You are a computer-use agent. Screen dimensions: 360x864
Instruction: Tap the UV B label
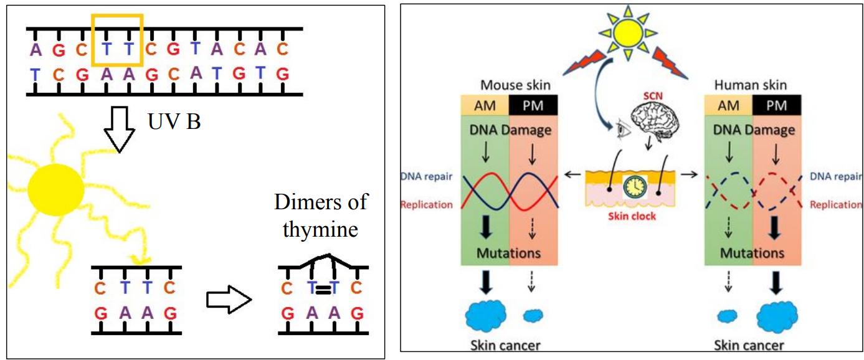click(174, 121)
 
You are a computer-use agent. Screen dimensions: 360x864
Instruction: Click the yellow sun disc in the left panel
click(56, 187)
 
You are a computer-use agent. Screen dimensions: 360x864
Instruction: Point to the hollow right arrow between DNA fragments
click(228, 300)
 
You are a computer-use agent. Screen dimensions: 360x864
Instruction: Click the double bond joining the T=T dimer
click(322, 288)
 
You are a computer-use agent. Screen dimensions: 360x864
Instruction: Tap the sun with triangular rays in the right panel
click(627, 31)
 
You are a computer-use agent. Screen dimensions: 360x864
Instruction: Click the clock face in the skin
click(635, 187)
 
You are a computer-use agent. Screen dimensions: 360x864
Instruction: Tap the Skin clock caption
click(632, 217)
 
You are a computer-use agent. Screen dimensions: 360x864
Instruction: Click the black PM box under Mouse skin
click(534, 105)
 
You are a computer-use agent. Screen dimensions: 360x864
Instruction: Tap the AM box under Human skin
click(728, 105)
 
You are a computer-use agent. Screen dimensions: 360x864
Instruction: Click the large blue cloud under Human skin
click(777, 317)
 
